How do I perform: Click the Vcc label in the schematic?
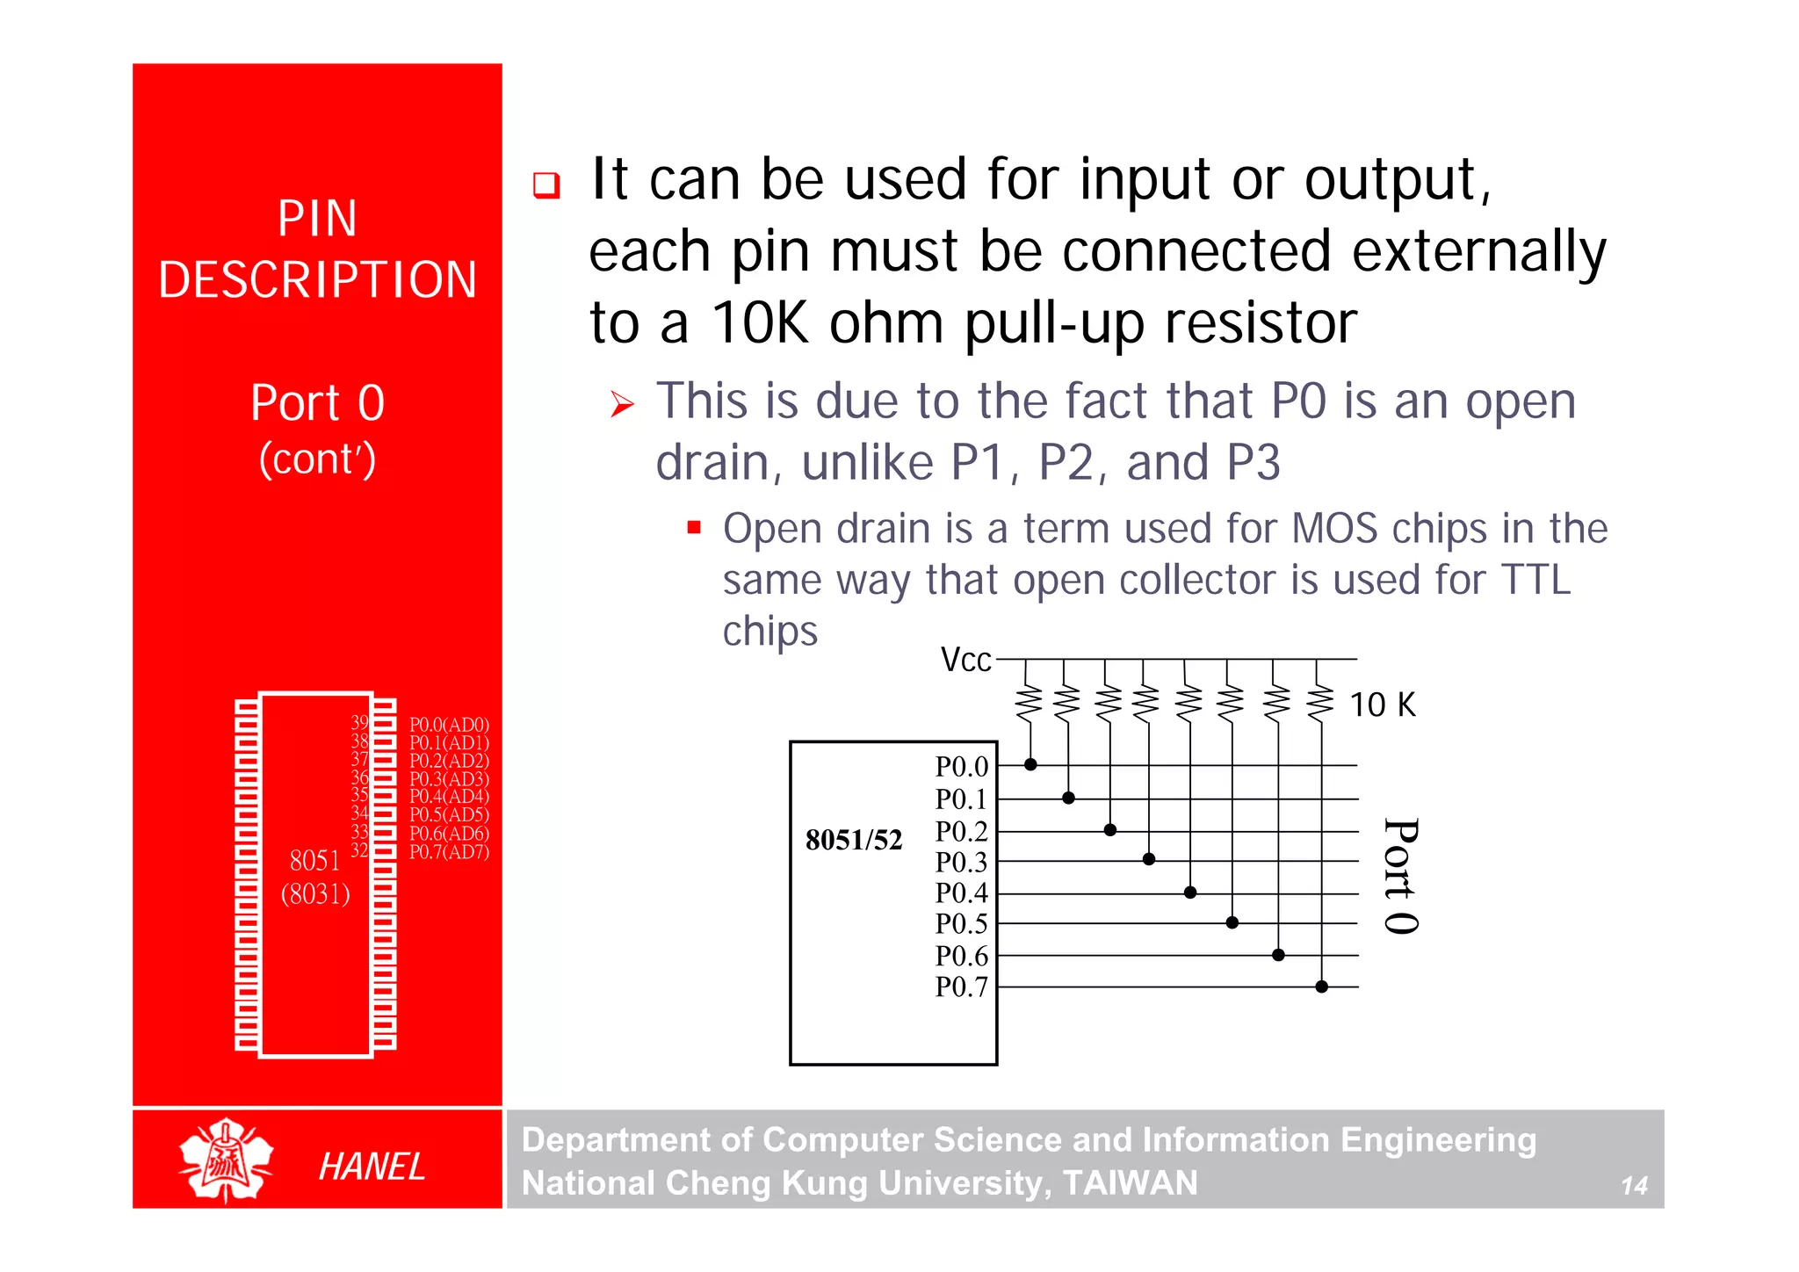[x=965, y=660]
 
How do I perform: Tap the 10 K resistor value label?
[x=1382, y=705]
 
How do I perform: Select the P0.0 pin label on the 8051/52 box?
[x=961, y=767]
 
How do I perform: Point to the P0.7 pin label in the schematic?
[x=961, y=987]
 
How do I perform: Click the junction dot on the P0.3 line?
[x=1148, y=859]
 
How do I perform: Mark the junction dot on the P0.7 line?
[x=1321, y=987]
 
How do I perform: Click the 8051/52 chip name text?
[x=854, y=840]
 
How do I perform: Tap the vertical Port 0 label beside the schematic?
[x=1400, y=877]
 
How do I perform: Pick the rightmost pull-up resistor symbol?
[x=1319, y=703]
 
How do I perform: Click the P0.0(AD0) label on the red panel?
[x=449, y=725]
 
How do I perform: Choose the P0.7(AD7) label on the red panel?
[x=449, y=851]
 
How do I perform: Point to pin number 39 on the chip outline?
[x=359, y=722]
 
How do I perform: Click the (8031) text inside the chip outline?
[x=315, y=894]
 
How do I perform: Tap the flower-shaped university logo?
[x=226, y=1160]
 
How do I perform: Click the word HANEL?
[x=372, y=1167]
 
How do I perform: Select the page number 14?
[x=1633, y=1186]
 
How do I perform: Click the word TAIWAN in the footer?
[x=1130, y=1183]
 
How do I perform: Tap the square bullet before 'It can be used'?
[x=546, y=185]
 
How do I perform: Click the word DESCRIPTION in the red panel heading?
[x=317, y=280]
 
